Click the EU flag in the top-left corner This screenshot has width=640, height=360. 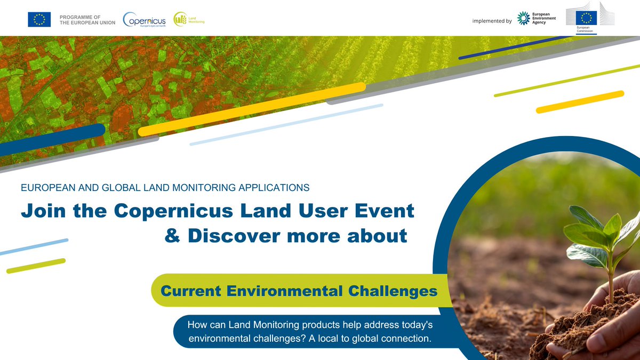pos(39,20)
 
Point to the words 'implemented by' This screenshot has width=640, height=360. pos(492,21)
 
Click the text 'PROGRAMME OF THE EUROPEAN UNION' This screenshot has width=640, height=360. pos(87,20)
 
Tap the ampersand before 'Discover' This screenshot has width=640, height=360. pos(172,235)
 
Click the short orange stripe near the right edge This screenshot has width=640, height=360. pos(580,102)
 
